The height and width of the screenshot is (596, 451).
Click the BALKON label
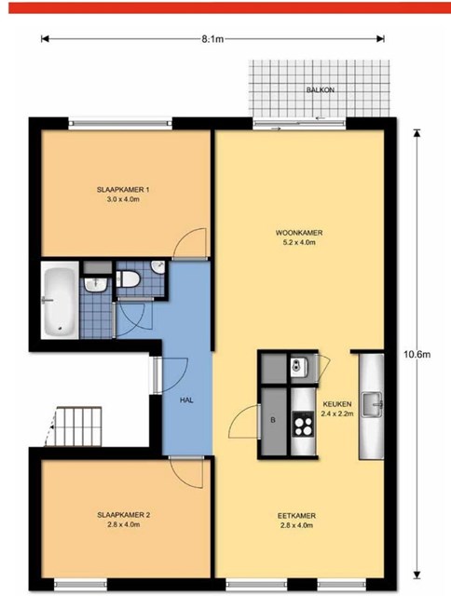click(x=321, y=90)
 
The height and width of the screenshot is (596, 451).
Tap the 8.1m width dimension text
click(x=212, y=39)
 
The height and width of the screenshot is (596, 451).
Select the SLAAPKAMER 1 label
click(x=123, y=190)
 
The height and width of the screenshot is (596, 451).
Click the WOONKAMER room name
click(x=299, y=233)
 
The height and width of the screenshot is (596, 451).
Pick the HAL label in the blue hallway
click(x=186, y=400)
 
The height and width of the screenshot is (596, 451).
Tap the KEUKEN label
click(x=337, y=404)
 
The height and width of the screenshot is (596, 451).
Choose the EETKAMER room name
click(x=296, y=516)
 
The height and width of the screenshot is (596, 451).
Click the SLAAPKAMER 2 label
click(x=124, y=515)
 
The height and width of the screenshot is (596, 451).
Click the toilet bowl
click(x=129, y=279)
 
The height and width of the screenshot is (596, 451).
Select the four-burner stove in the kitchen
click(x=303, y=424)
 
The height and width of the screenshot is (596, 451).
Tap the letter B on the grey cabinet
click(x=273, y=420)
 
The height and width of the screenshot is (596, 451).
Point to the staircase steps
click(x=79, y=427)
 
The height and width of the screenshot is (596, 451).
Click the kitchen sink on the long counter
click(x=372, y=405)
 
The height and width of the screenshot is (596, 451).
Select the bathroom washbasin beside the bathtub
click(x=95, y=284)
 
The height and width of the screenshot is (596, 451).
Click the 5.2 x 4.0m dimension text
click(x=299, y=242)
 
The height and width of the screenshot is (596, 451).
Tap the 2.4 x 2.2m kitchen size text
click(x=337, y=413)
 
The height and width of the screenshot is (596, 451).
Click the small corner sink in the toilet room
click(x=157, y=267)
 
